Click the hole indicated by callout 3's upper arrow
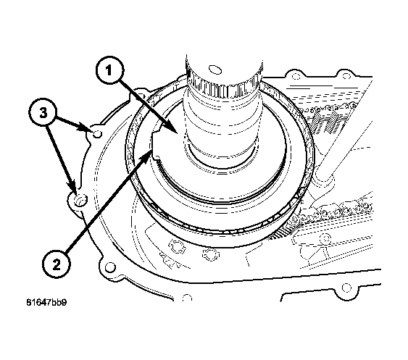click(x=96, y=133)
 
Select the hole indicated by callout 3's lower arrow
click(x=79, y=198)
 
